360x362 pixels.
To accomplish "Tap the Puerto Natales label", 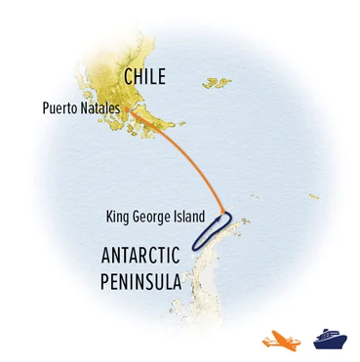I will click(x=82, y=108).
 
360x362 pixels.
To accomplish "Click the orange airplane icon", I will click(x=280, y=340).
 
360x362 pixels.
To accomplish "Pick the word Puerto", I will click(x=60, y=108).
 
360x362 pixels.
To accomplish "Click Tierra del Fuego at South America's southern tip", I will click(x=156, y=122).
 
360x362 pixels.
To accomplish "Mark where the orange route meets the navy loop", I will click(x=227, y=213).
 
